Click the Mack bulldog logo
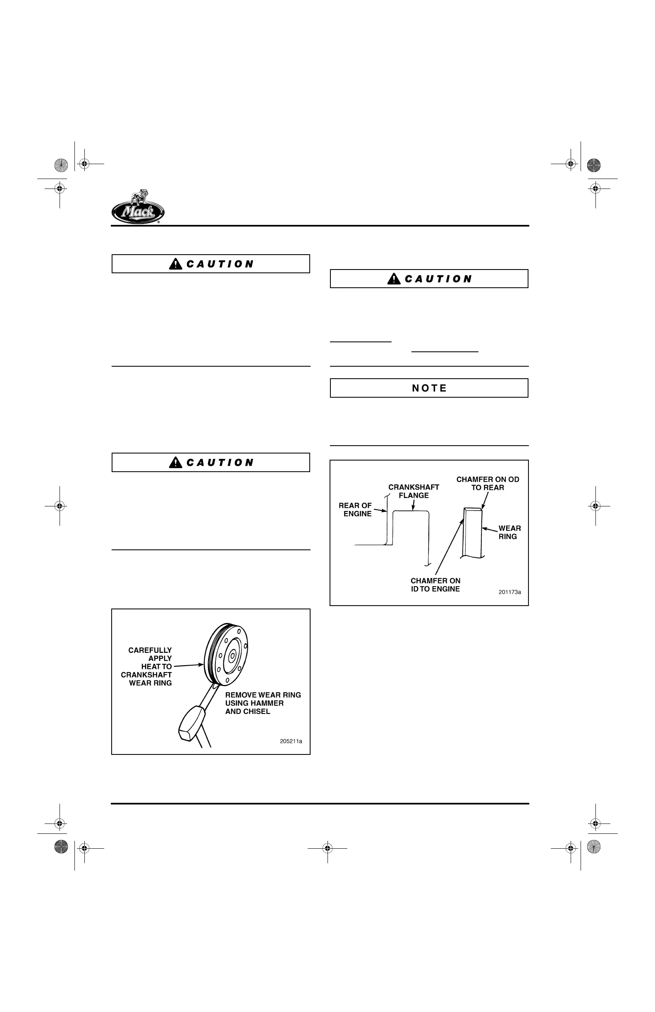click(x=138, y=207)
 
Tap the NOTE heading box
click(x=429, y=388)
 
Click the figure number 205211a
click(x=291, y=741)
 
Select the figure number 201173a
click(x=509, y=592)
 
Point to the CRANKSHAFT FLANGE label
click(x=414, y=491)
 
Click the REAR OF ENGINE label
click(x=356, y=509)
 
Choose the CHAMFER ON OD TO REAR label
click(x=488, y=483)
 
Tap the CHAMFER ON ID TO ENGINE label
click(x=435, y=585)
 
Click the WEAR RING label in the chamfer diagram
click(x=509, y=532)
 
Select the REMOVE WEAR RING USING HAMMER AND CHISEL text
click(x=263, y=703)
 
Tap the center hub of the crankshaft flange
click(x=232, y=656)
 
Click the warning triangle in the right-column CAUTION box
click(x=394, y=279)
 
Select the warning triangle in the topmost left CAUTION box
click(x=175, y=264)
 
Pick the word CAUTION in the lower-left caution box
click(x=220, y=463)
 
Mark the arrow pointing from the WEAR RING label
click(x=490, y=530)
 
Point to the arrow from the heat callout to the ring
click(x=188, y=666)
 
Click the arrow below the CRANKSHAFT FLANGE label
click(x=413, y=506)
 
